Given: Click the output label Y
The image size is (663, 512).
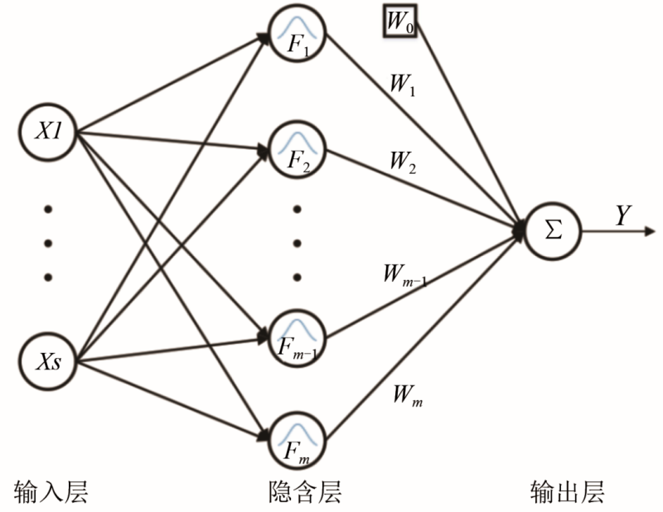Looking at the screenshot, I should [623, 215].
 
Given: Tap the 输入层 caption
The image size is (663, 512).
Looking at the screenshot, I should [51, 492].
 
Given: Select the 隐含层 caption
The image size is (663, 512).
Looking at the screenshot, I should [306, 492].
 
